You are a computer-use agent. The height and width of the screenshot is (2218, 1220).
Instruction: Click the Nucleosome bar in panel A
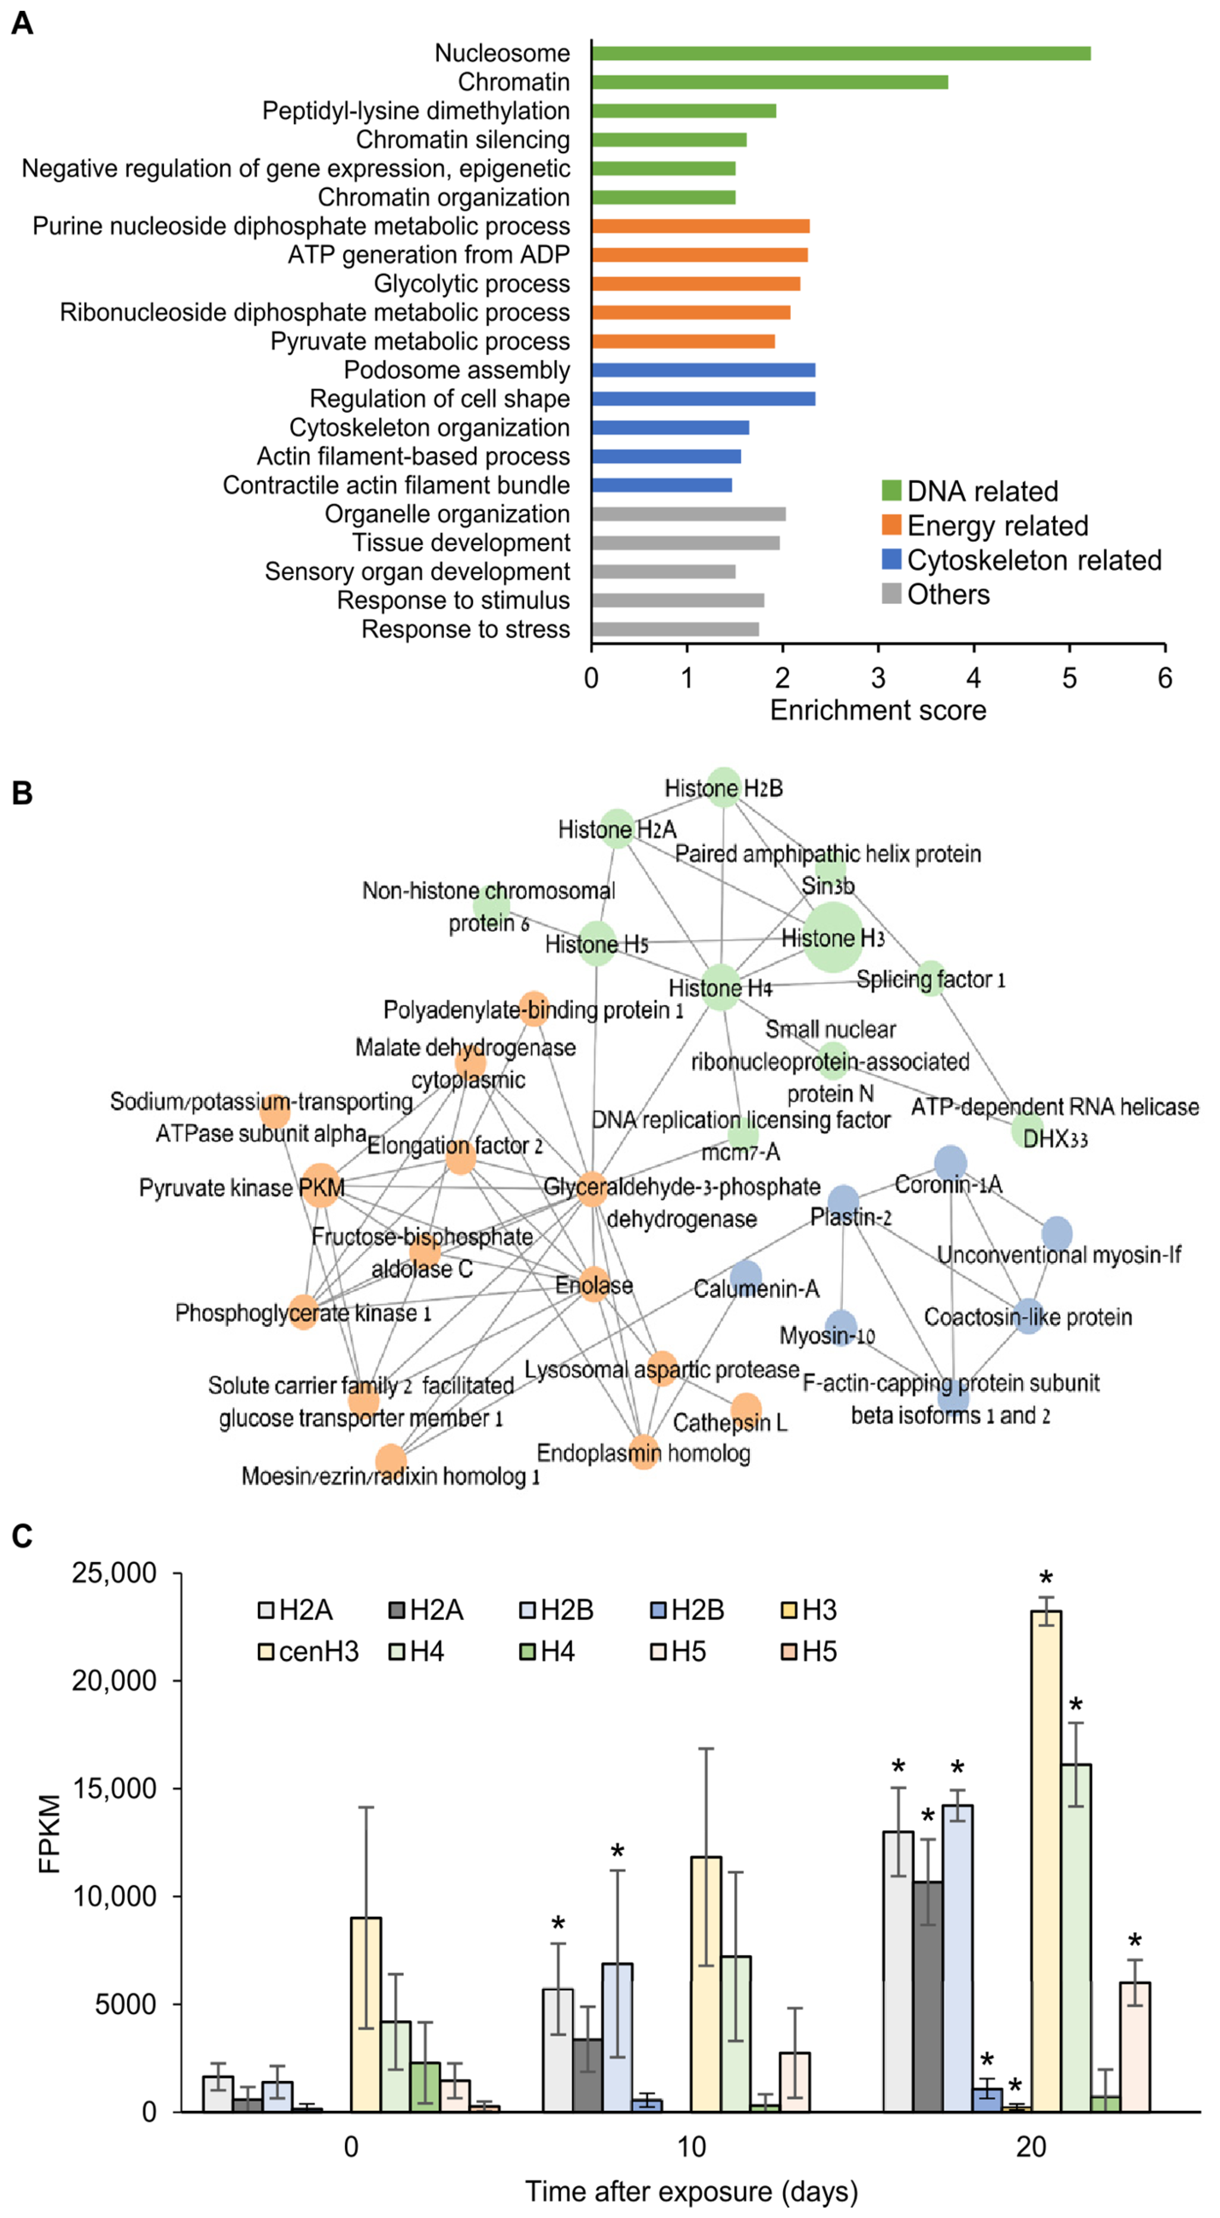tap(840, 54)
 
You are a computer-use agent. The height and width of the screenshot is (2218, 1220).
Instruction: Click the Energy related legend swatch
tap(891, 525)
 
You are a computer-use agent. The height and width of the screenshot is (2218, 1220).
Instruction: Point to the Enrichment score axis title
tap(877, 710)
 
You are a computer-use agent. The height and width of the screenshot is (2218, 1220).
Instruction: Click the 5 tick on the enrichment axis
tap(1068, 678)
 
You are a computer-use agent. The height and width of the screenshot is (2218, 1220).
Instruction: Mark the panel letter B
tap(21, 793)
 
